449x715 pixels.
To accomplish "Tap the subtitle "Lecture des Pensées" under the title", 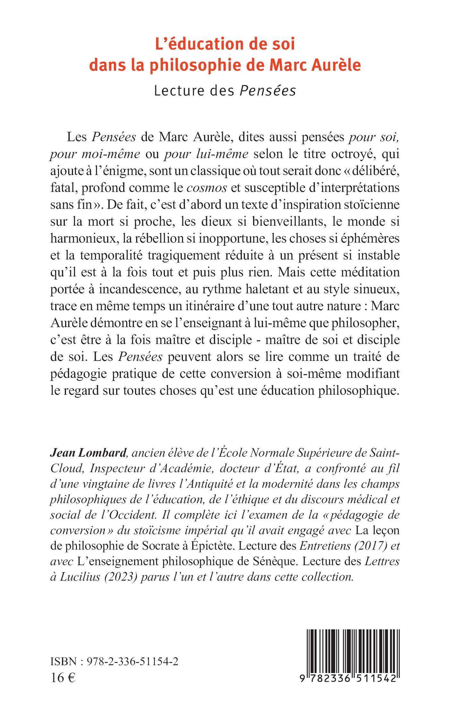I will click(225, 91).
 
